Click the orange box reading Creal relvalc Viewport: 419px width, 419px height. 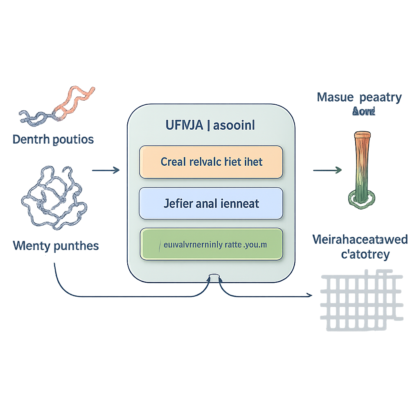tap(211, 162)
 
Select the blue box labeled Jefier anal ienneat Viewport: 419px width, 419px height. tap(211, 203)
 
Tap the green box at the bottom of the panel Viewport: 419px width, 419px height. tap(211, 244)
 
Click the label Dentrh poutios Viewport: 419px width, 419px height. tap(53, 140)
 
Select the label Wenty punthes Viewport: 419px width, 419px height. tap(56, 246)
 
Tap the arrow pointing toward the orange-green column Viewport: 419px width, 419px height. tap(327, 169)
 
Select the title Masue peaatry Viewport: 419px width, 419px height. tap(359, 98)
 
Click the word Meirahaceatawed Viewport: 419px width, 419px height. tap(360, 239)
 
